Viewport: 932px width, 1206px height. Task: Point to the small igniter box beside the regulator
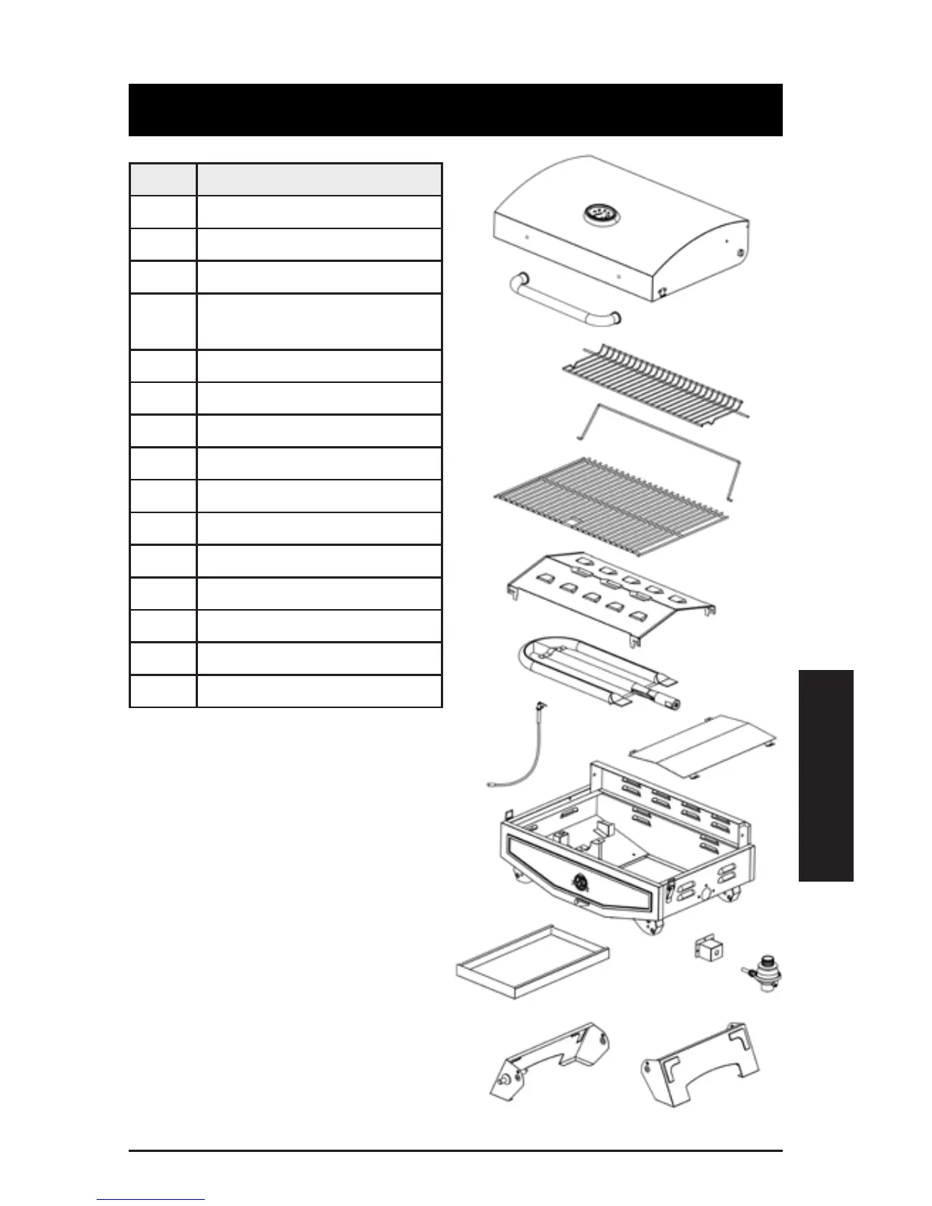(x=708, y=949)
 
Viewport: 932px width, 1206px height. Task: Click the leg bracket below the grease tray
(x=550, y=1061)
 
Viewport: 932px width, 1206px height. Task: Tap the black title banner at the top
(x=455, y=110)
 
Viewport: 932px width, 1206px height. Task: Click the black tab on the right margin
(x=826, y=775)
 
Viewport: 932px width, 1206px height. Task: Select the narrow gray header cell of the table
(x=163, y=180)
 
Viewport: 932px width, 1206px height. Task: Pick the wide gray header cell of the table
(x=319, y=180)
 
